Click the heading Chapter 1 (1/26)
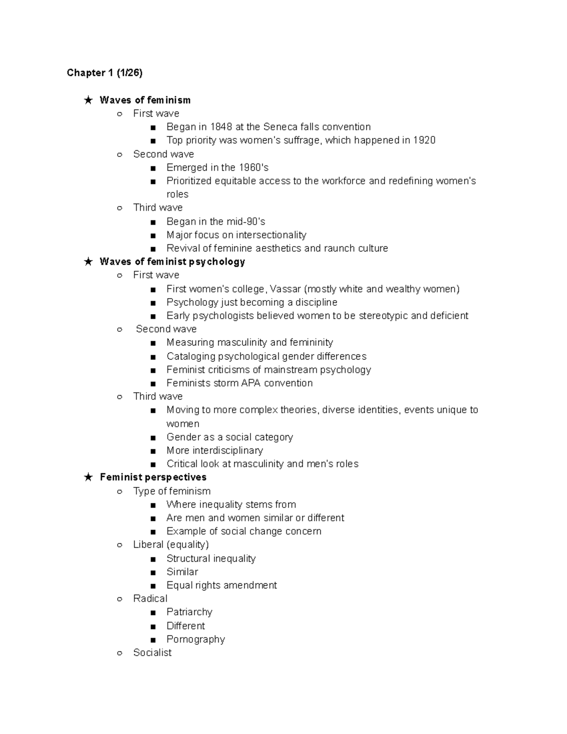pyautogui.click(x=104, y=73)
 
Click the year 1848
pyautogui.click(x=221, y=127)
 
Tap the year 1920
pyautogui.click(x=424, y=140)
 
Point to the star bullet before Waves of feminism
pyautogui.click(x=88, y=100)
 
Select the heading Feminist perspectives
pyautogui.click(x=153, y=477)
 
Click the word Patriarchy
pyautogui.click(x=189, y=612)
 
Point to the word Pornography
pyautogui.click(x=196, y=639)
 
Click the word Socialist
pyautogui.click(x=152, y=653)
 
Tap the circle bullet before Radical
pyautogui.click(x=120, y=599)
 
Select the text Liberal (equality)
pyautogui.click(x=171, y=544)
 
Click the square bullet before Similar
pyautogui.click(x=153, y=572)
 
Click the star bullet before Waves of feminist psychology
pyautogui.click(x=88, y=262)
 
